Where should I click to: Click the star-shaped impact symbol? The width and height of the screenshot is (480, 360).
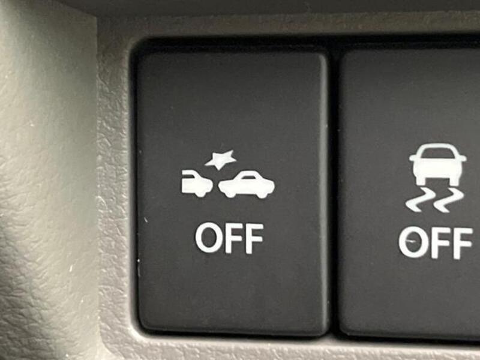point(221,160)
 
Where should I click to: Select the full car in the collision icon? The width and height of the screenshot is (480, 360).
point(247,184)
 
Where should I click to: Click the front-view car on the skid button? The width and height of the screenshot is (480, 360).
point(438,164)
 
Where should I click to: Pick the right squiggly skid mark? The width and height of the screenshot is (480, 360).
point(448,200)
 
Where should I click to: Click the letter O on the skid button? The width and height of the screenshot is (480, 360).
point(413,242)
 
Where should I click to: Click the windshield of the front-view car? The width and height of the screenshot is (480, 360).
point(438,153)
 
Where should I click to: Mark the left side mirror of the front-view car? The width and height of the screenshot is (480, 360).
point(413,158)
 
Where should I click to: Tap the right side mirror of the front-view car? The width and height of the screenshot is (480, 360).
point(462,158)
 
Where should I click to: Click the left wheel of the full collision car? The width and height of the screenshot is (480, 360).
point(231,194)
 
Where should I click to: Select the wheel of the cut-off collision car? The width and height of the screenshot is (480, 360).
point(200,193)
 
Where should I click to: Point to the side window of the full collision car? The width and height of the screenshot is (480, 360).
point(249,176)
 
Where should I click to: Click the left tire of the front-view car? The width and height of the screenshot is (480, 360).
point(419,182)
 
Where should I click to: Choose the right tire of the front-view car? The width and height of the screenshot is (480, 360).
point(455,182)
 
